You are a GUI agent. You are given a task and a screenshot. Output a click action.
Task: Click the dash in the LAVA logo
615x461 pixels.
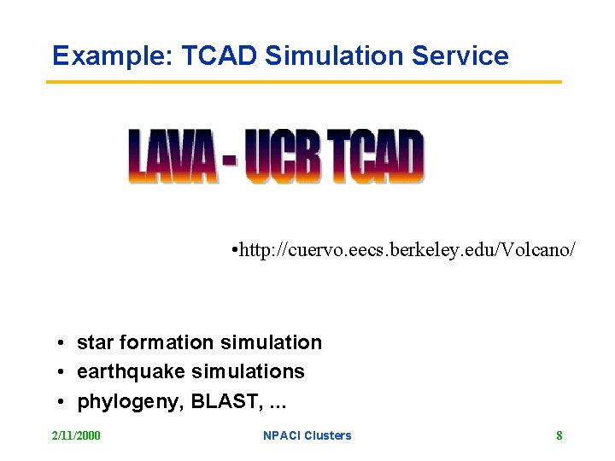click(229, 160)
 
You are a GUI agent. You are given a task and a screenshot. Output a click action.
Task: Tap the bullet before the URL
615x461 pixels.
click(234, 251)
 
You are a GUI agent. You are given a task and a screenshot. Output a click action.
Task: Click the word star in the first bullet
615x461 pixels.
click(96, 343)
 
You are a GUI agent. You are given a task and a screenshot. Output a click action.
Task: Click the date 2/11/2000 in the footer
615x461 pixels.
click(76, 435)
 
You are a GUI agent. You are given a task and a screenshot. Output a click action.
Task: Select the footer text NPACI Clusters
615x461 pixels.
click(307, 435)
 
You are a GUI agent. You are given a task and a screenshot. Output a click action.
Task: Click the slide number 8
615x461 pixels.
click(559, 435)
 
